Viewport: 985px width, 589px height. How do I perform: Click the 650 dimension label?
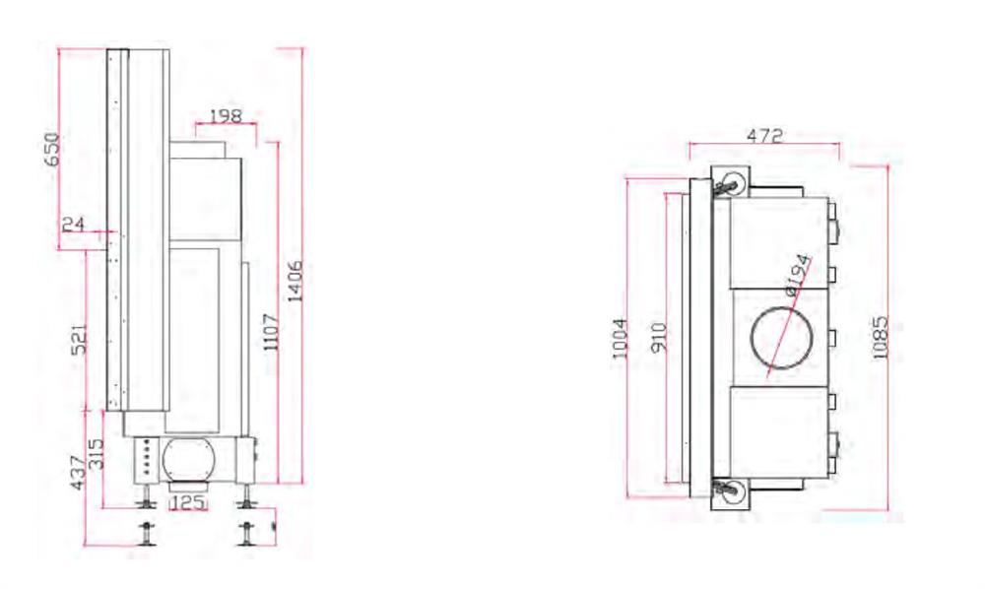(54, 150)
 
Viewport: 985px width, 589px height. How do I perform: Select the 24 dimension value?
(74, 224)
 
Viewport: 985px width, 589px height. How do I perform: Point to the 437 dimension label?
(78, 472)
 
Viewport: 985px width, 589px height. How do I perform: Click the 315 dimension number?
(97, 453)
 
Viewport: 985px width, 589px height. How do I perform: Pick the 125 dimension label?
(188, 502)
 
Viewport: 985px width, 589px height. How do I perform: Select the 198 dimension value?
(226, 116)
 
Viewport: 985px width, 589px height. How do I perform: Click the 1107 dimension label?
(271, 332)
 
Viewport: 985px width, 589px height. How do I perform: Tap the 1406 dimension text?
(295, 281)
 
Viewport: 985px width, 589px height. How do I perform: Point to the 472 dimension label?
(764, 135)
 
